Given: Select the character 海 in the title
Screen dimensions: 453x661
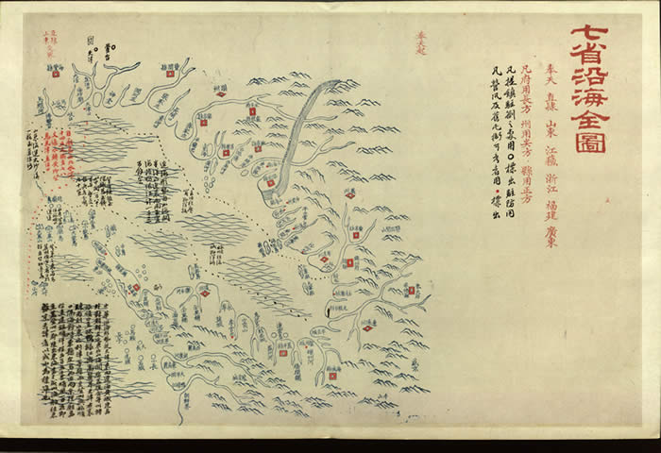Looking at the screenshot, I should pos(592,90).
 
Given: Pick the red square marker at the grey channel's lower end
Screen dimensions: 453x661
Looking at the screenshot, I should pos(270,182).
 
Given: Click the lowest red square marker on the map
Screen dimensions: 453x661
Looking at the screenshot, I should pos(331,376).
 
